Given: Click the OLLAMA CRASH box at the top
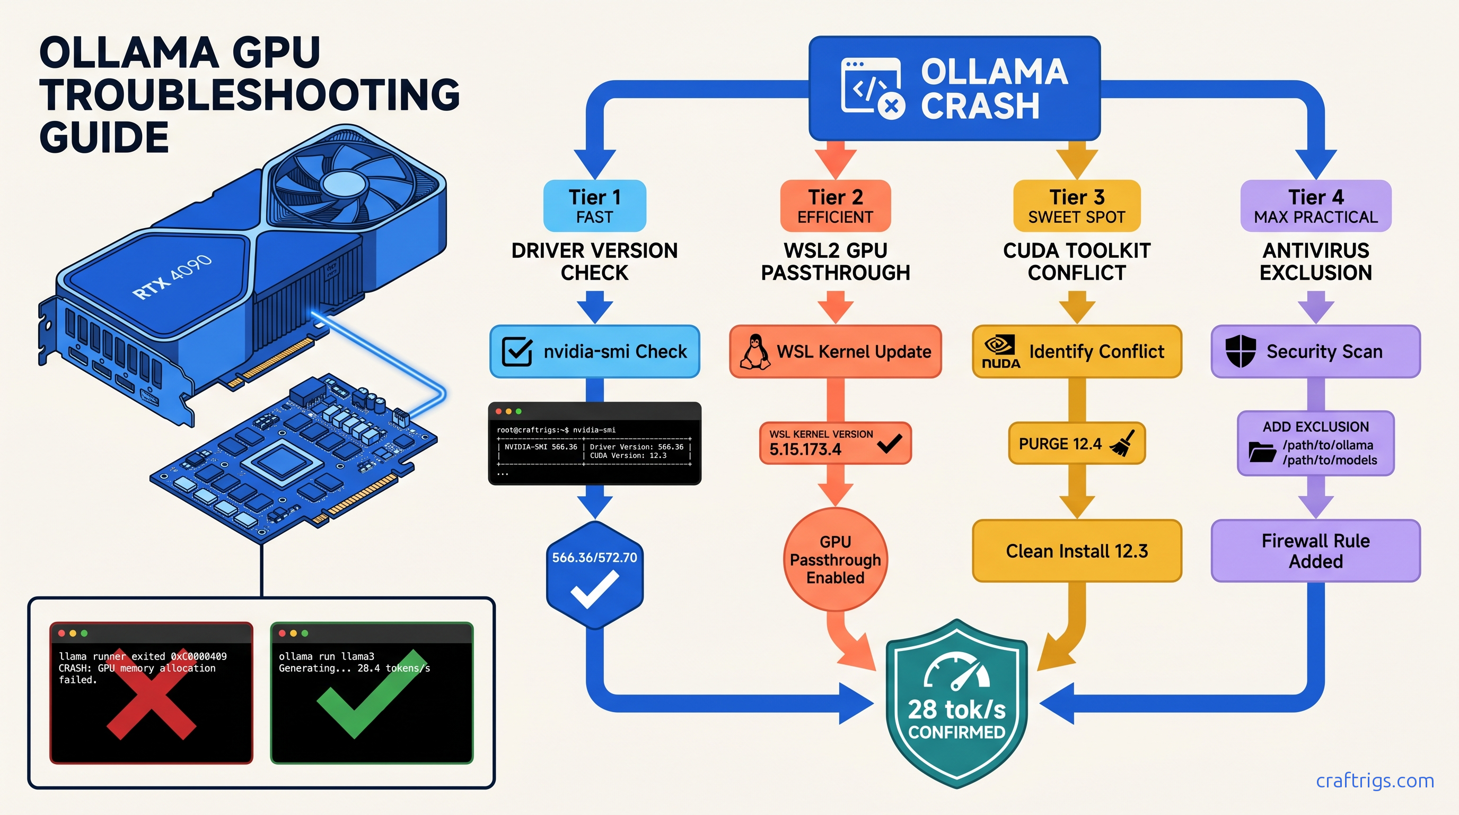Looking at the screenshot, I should tap(954, 89).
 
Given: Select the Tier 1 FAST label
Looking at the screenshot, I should tap(594, 206).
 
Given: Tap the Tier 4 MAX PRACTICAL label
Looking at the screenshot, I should tap(1315, 206).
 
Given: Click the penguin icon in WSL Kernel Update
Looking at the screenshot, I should tap(755, 352).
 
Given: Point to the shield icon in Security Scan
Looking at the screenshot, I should tap(1241, 351).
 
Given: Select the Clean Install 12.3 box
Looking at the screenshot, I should tap(1076, 551).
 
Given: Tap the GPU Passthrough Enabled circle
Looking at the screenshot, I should tap(835, 559).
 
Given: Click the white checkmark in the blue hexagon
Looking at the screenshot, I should tap(594, 589).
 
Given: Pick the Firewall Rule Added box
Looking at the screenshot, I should tap(1315, 551).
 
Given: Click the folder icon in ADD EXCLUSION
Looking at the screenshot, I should tap(1262, 452).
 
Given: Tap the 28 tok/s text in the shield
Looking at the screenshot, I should tap(956, 709).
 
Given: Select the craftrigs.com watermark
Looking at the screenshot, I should tap(1375, 781).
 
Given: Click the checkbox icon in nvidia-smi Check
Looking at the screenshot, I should tap(516, 351).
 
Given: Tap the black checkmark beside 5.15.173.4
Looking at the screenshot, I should tap(889, 443).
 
